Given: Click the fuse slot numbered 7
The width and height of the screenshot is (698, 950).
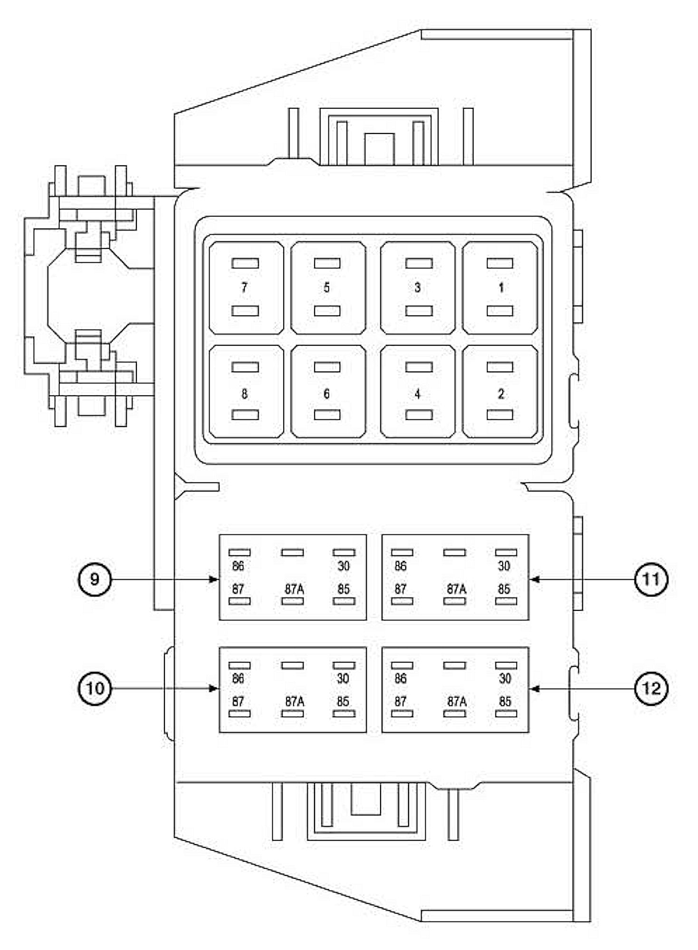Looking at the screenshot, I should [244, 287].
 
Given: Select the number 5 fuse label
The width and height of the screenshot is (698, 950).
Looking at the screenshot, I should [326, 287].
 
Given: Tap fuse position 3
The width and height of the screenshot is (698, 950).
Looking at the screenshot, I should [417, 287].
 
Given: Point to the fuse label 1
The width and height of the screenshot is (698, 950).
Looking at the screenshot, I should [501, 287].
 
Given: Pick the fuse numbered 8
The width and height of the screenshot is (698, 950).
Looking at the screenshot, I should [244, 394].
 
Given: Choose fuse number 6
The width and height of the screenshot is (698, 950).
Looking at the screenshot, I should [326, 394].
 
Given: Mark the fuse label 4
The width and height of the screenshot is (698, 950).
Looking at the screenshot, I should [417, 394].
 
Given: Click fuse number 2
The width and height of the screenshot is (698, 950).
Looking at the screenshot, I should [501, 394].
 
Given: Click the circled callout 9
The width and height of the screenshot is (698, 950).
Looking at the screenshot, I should [95, 579].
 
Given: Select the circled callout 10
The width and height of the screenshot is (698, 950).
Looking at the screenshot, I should [95, 688].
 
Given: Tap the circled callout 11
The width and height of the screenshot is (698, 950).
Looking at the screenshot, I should [651, 579].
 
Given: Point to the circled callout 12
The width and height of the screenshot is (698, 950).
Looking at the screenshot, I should [651, 688].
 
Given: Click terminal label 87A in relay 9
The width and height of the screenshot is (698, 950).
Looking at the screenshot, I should [294, 589].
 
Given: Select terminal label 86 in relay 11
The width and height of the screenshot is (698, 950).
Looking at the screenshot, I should [401, 566].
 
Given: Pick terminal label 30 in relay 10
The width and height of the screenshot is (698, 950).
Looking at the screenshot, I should [343, 678].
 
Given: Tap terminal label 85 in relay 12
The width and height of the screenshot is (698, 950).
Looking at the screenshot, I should [505, 702].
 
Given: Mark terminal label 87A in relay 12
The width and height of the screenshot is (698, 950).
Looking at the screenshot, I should [457, 702].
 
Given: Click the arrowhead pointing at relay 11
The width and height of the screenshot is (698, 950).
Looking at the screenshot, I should [534, 579].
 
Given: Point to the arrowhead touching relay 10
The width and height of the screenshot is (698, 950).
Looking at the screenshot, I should [214, 688].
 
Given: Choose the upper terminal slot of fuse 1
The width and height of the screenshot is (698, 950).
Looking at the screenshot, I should [500, 263].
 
